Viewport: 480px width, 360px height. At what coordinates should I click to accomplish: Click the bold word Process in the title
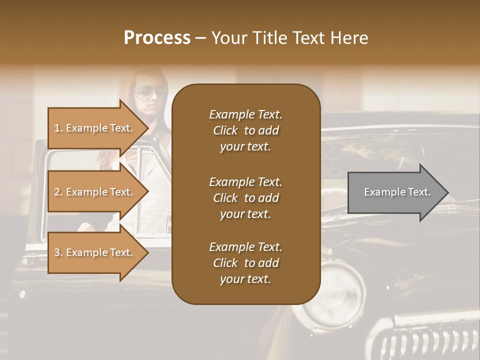coord(157,37)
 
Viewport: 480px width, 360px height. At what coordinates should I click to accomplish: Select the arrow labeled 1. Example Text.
coord(95,128)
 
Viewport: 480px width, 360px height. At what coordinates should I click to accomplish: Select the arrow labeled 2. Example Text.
coord(95,192)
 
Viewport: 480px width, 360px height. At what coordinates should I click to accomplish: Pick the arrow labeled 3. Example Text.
coord(95,252)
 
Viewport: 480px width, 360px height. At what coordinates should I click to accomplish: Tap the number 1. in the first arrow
coord(58,128)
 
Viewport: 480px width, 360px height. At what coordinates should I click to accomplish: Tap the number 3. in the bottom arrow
coord(58,252)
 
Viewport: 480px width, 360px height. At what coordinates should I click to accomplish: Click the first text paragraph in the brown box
coord(245,130)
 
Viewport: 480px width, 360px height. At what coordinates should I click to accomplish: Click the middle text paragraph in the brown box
coord(245,198)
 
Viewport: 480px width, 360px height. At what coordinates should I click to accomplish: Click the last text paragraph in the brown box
coord(245,263)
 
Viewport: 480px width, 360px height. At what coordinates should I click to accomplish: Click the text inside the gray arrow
coord(397,192)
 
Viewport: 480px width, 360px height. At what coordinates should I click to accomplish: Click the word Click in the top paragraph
coord(225,130)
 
